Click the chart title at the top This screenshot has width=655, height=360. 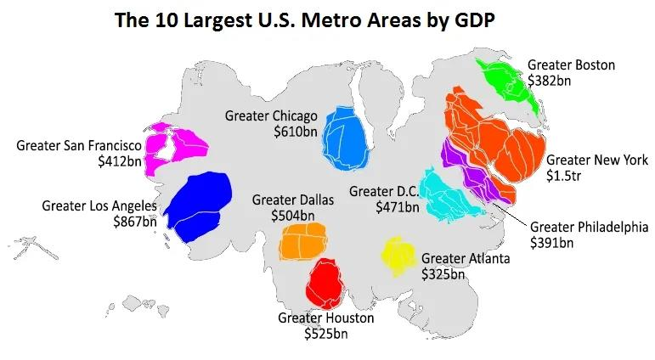[x=303, y=20]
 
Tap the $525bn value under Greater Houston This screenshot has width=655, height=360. [x=325, y=334]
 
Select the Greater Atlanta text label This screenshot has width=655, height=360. [x=466, y=258]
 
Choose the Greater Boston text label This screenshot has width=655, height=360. [x=571, y=65]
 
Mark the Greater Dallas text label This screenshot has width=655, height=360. [x=293, y=200]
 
